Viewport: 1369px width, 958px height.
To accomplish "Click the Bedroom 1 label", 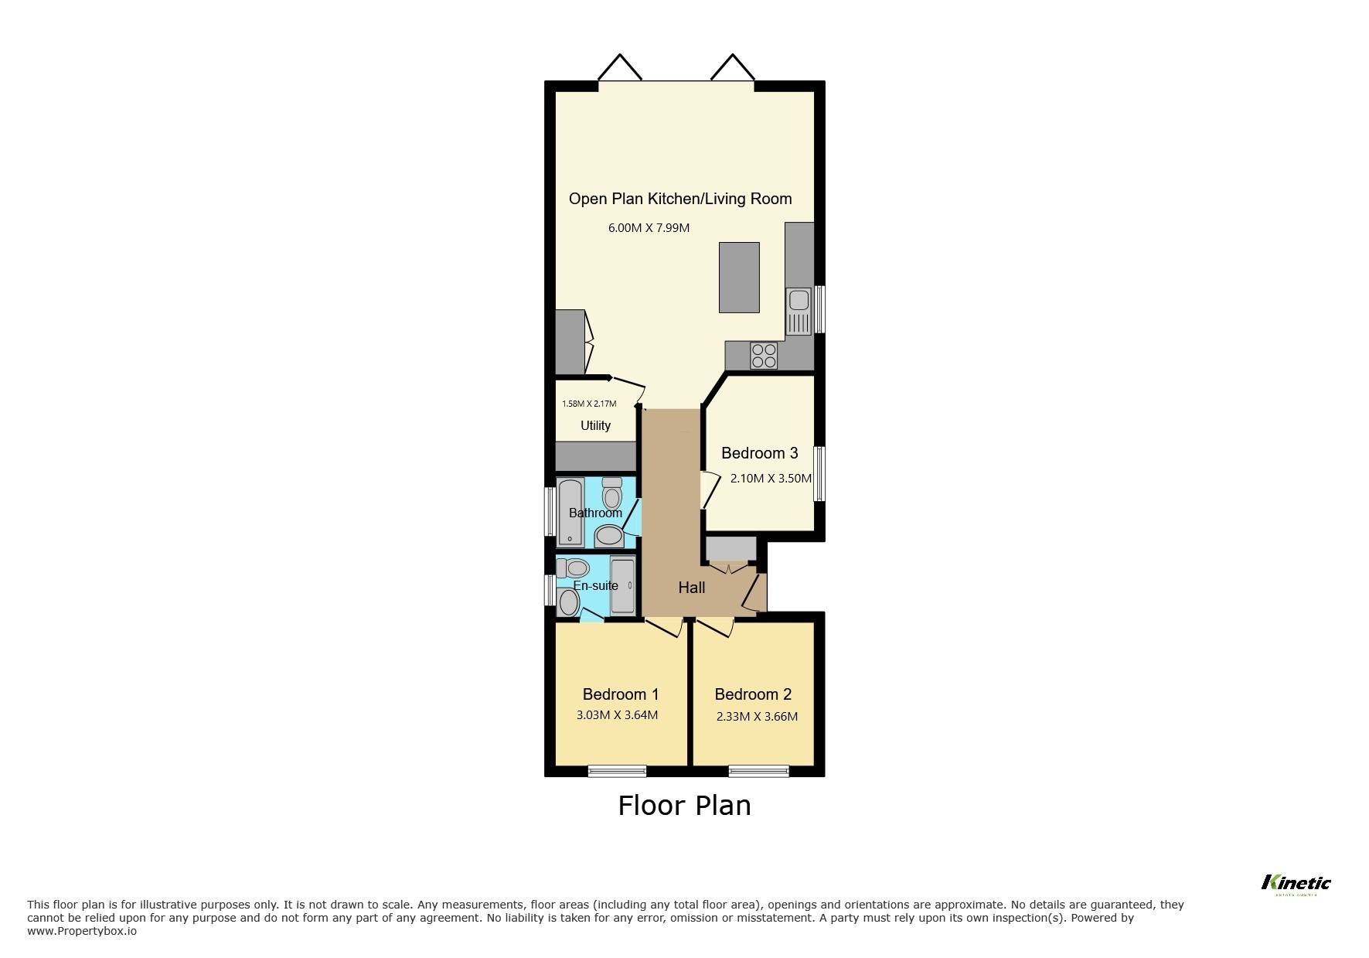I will coord(620,694).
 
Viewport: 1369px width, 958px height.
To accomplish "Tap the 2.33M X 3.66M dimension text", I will coord(757,717).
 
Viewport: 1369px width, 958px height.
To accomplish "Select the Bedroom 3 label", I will coord(759,453).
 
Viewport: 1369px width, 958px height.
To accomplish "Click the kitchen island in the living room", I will coord(739,277).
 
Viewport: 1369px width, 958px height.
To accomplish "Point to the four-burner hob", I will coord(764,356).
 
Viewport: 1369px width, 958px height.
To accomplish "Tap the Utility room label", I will coord(595,425).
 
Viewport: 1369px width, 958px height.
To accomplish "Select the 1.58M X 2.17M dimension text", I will coord(588,404).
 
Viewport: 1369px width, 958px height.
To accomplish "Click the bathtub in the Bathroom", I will coord(570,512).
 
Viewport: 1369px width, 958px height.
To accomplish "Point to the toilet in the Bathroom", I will coord(612,492).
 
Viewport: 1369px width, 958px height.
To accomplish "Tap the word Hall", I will coord(691,588).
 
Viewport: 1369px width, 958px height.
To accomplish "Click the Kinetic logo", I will coord(1296,883).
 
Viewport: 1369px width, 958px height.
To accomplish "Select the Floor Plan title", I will coord(684,806).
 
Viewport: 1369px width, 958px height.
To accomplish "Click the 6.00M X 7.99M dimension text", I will coord(649,228).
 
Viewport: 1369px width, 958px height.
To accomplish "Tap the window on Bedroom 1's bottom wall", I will coord(617,770).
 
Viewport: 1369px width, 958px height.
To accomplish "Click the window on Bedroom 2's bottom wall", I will coord(758,770).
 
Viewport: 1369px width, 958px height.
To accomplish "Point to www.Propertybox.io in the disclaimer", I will coord(82,931).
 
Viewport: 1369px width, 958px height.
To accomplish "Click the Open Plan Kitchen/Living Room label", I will coord(680,199).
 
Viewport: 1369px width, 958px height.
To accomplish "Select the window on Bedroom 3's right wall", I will coord(819,472).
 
